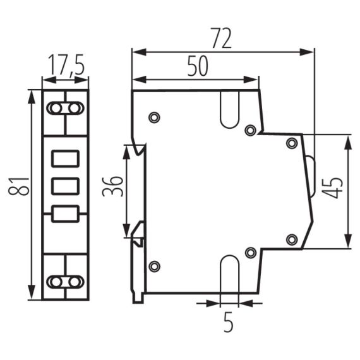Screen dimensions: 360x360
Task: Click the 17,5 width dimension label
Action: (65, 65)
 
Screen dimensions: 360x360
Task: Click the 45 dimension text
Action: (334, 187)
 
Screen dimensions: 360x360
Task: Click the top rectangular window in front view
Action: (65, 158)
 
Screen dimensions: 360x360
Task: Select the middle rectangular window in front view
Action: (65, 186)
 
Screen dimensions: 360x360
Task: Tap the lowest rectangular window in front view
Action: (65, 214)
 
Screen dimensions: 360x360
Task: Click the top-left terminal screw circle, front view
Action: (56, 109)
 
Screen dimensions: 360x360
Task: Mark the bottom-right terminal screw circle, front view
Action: (75, 281)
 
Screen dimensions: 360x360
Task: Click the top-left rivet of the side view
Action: (153, 117)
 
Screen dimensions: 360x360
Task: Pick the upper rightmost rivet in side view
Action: (291, 143)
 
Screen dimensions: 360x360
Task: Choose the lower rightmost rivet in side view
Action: (291, 239)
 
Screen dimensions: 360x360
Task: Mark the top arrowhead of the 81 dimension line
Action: (31, 95)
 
